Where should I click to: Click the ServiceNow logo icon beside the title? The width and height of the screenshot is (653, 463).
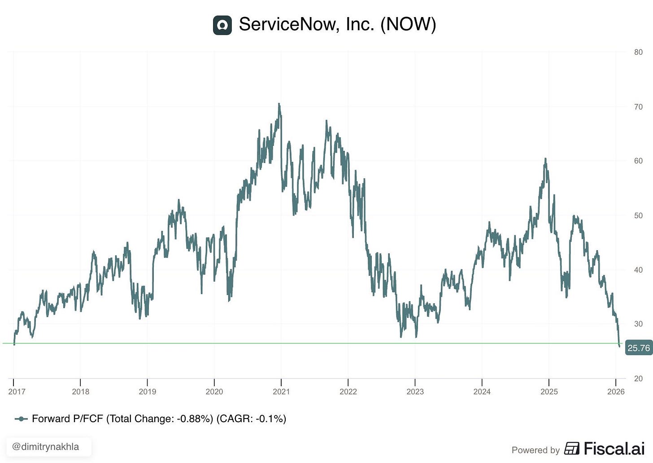click(x=222, y=25)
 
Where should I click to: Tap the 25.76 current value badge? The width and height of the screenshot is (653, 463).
click(x=639, y=348)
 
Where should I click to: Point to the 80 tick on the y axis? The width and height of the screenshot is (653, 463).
click(x=638, y=52)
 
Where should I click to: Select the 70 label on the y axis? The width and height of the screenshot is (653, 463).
click(x=638, y=107)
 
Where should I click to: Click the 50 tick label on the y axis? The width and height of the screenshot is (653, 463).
click(x=638, y=216)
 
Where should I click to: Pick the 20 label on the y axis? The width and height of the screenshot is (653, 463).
click(x=638, y=379)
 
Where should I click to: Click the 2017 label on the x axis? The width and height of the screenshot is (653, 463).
click(x=17, y=392)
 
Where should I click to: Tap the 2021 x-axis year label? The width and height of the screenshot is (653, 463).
click(x=281, y=392)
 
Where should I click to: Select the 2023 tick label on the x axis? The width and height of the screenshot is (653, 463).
click(x=415, y=392)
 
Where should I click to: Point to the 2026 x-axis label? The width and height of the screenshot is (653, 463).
click(x=616, y=392)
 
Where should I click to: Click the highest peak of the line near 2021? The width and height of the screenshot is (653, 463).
click(x=279, y=103)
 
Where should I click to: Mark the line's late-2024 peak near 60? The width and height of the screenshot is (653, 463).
click(x=545, y=159)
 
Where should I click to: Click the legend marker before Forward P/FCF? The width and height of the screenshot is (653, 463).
click(x=21, y=419)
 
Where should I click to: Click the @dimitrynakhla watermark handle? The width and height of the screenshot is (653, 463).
click(x=45, y=447)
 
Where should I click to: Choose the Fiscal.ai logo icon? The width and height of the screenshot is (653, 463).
click(x=572, y=448)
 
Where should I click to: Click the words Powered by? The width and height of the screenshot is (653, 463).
click(x=535, y=450)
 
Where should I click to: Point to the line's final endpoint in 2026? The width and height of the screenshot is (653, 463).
click(x=619, y=347)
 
